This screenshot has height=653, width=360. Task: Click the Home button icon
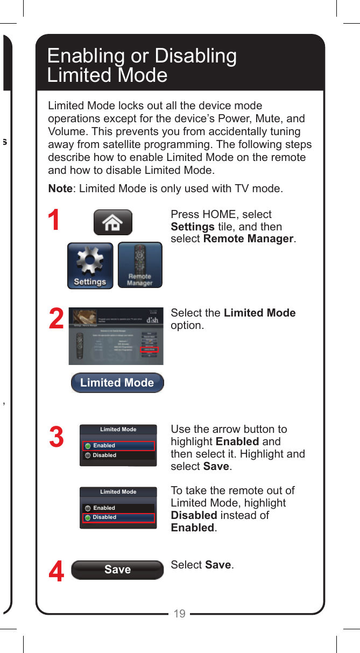(113, 222)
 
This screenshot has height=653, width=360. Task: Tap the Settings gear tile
(90, 265)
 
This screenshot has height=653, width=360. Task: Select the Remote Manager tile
(140, 265)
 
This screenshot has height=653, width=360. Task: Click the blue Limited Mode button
(117, 383)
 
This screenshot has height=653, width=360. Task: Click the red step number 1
(54, 221)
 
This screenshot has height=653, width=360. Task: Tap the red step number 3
(57, 437)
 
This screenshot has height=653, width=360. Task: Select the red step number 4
(57, 572)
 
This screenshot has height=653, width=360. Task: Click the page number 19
(180, 614)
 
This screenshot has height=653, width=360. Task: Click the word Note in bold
(60, 189)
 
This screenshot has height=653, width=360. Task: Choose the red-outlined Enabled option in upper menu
(118, 446)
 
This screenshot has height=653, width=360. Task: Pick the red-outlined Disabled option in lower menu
(118, 517)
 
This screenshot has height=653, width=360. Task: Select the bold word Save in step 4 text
(218, 565)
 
